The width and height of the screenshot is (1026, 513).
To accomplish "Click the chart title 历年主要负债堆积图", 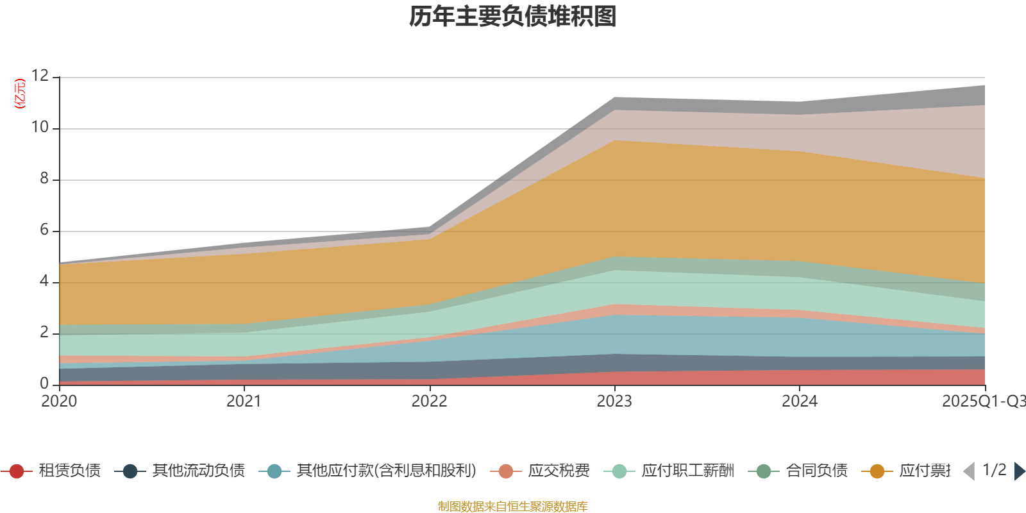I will tap(513, 17).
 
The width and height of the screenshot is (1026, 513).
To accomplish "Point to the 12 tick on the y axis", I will tap(40, 76).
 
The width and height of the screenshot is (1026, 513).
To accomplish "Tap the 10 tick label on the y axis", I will tap(40, 128).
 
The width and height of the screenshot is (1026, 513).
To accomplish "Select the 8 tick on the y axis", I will tap(44, 179).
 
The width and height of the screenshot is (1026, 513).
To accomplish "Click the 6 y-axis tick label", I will tap(44, 230).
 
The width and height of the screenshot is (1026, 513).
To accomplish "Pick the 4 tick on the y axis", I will tap(44, 282).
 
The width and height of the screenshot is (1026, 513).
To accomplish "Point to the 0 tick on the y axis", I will tap(44, 383).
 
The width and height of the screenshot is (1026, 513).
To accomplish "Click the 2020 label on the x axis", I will tap(59, 401).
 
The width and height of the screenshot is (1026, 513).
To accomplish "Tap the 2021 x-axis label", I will tap(244, 401).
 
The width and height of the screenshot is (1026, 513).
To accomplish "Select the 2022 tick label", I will tap(429, 401).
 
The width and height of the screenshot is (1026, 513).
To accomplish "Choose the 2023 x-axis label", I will tap(614, 401).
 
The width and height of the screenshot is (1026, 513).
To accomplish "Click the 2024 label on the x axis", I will tap(799, 401).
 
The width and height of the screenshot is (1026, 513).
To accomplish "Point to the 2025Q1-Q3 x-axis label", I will tap(983, 401).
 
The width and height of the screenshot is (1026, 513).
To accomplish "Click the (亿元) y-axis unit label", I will tap(20, 94).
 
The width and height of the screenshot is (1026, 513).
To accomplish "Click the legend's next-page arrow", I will tap(1019, 471).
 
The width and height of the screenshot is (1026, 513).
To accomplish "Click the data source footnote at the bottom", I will tap(513, 507).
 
